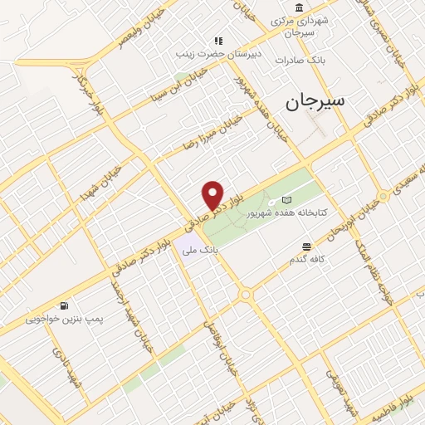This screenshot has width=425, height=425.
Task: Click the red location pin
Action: coord(213,195)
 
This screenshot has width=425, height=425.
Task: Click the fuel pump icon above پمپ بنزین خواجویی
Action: coord(64,305)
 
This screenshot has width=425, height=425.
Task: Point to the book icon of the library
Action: coord(287,200)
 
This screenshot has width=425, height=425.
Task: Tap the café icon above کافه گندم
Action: coord(307,247)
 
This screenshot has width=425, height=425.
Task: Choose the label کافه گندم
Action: coord(308,260)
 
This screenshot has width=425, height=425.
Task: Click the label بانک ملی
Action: coord(202,249)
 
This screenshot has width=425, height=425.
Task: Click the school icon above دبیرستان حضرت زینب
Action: coord(219,40)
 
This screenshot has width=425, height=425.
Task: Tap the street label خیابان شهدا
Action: coord(101,185)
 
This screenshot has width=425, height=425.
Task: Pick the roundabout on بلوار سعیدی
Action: coord(383,197)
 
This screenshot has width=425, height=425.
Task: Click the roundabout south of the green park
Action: coord(246,295)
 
